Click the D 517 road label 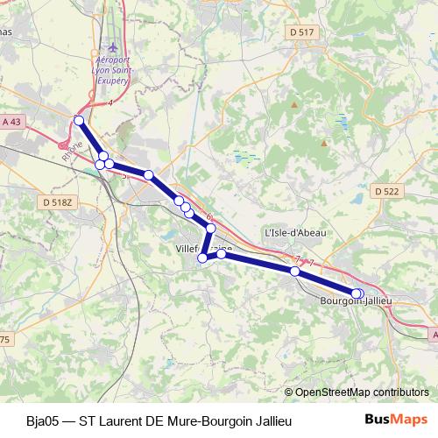point(300,32)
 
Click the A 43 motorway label point(11,122)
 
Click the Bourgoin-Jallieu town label point(355,302)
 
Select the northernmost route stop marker point(79,120)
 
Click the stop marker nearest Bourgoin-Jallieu point(357,293)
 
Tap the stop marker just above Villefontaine point(210,228)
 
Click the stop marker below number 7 point(295,272)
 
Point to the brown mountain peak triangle point(295,105)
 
